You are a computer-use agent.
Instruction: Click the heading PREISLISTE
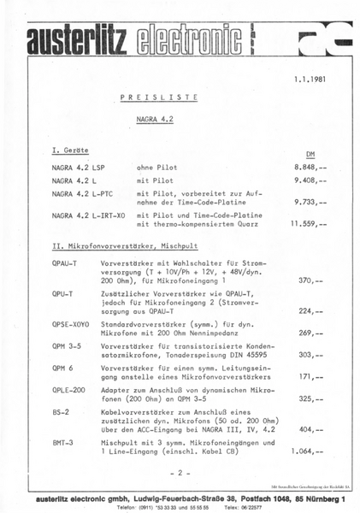[x=153, y=99]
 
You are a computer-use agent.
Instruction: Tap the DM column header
[x=310, y=156]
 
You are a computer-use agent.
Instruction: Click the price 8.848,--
[x=309, y=168]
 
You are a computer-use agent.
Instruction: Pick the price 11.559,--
[x=307, y=224]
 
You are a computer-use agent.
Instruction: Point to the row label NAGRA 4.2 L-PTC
[x=83, y=194]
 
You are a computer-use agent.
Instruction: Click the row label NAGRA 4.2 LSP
[x=80, y=168]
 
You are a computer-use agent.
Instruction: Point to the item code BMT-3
[x=62, y=442]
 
